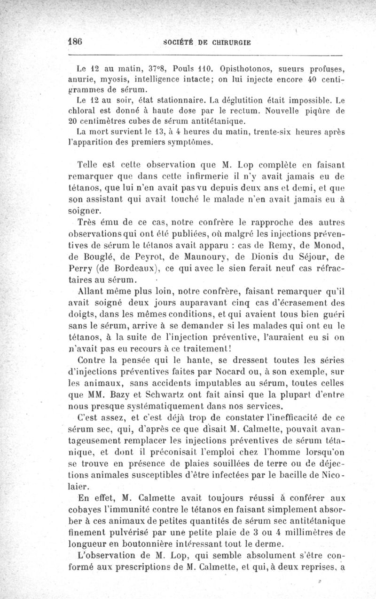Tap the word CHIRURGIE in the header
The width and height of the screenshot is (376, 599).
(x=228, y=42)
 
